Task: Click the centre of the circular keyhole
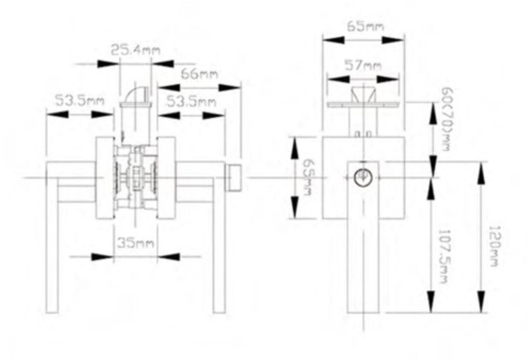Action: pyautogui.click(x=363, y=177)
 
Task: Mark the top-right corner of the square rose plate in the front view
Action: pyautogui.click(x=404, y=137)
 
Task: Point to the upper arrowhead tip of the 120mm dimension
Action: pyautogui.click(x=481, y=162)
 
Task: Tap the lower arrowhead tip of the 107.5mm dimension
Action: pyautogui.click(x=431, y=313)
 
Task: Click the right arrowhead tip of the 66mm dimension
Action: pyautogui.click(x=241, y=88)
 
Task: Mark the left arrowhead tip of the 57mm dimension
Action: pyautogui.click(x=327, y=79)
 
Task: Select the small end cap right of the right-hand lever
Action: pyautogui.click(x=233, y=178)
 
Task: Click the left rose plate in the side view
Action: pyautogui.click(x=105, y=178)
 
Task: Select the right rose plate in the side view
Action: pyautogui.click(x=166, y=178)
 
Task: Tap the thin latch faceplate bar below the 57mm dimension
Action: pyautogui.click(x=363, y=105)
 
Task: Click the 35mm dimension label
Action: pyautogui.click(x=136, y=243)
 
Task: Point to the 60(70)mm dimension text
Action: pyautogui.click(x=446, y=119)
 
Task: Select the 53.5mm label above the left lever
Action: pyautogui.click(x=79, y=100)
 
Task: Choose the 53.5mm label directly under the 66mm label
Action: pyautogui.click(x=191, y=102)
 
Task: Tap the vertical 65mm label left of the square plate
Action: pyautogui.click(x=308, y=177)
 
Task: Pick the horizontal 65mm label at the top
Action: pyautogui.click(x=365, y=26)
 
